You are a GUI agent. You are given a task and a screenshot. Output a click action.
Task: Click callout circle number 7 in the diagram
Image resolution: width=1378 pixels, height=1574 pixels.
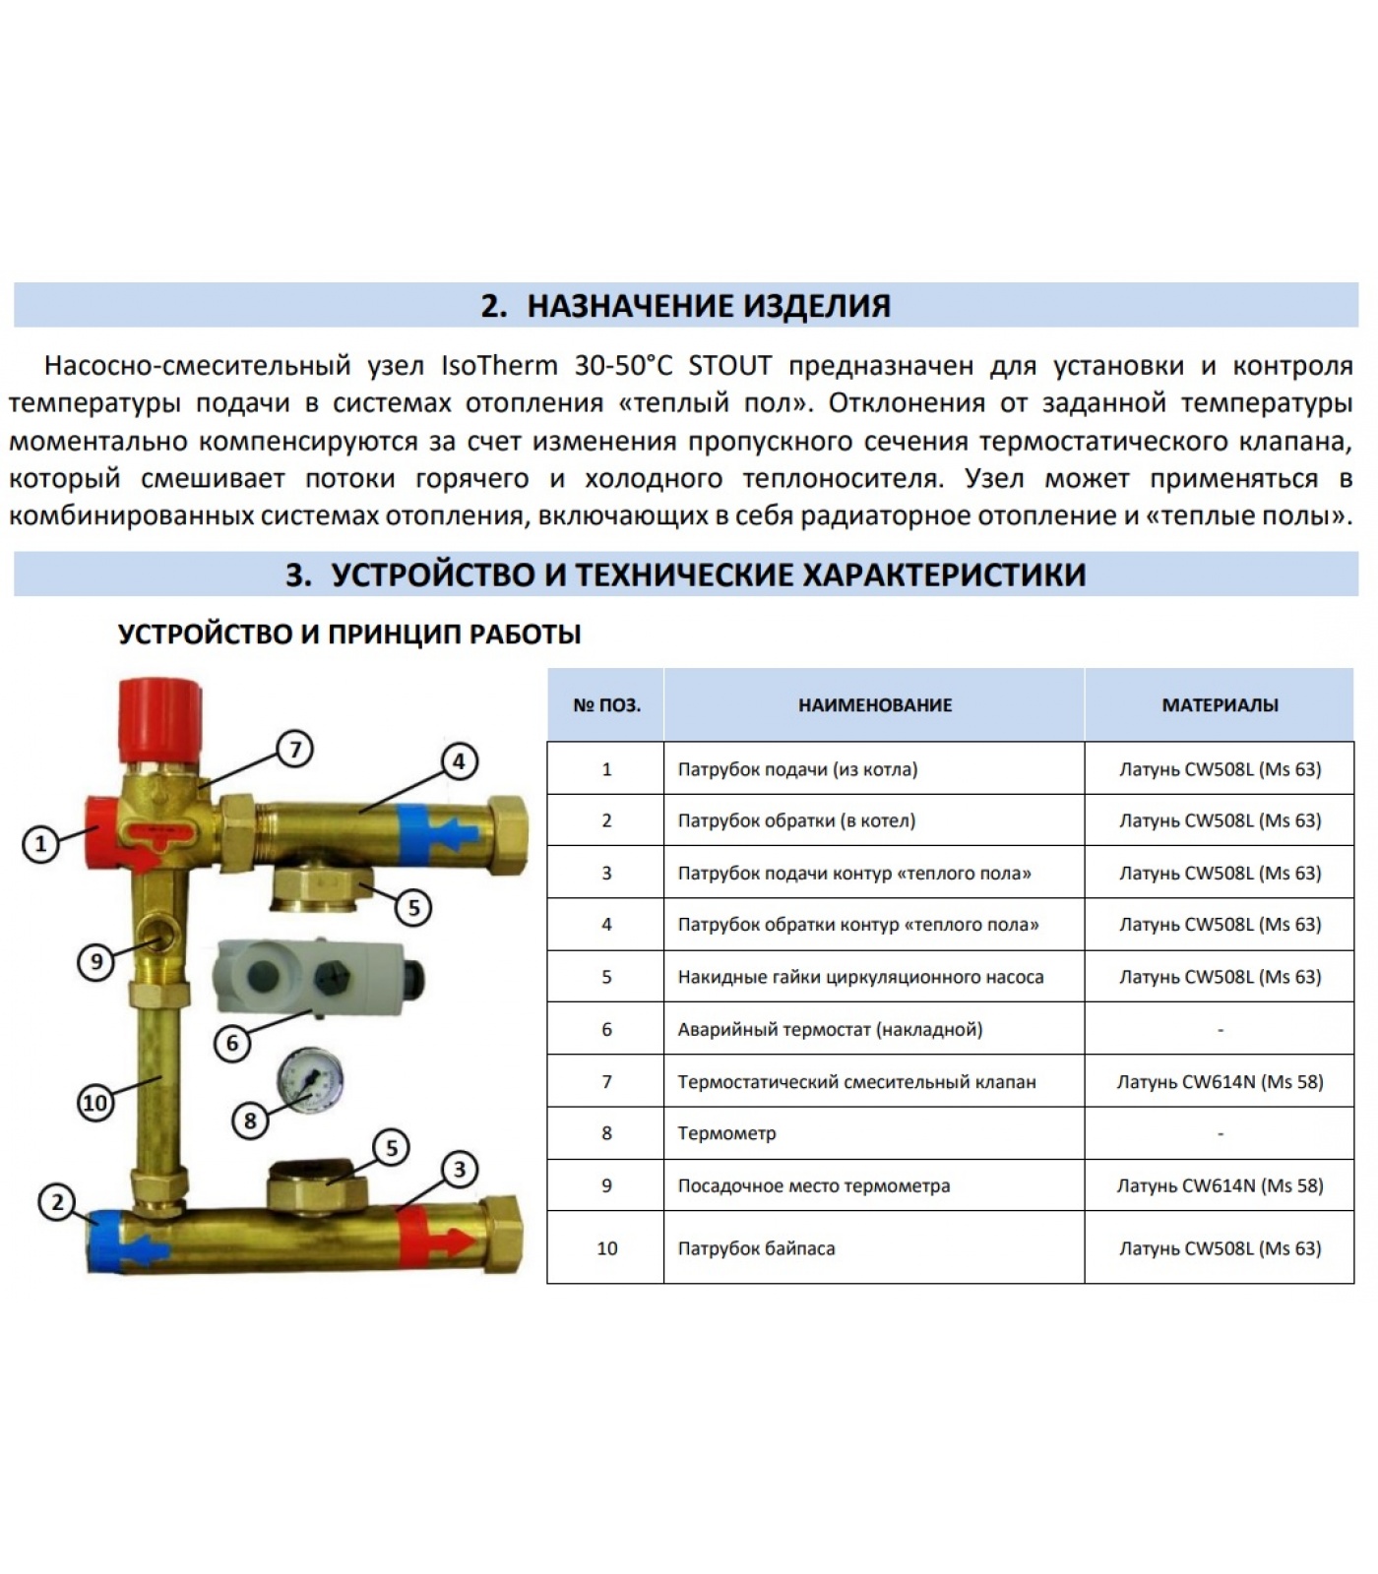coord(294,750)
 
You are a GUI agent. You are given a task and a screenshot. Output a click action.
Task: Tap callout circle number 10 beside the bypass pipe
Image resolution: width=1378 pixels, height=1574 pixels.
coord(94,1103)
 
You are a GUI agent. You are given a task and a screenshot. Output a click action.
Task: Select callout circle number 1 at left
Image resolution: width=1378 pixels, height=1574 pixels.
coord(40,843)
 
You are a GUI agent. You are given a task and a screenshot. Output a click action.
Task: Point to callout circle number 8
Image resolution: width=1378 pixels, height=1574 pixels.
coord(250,1120)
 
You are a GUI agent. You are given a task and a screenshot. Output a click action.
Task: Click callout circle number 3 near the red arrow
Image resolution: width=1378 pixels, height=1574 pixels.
coord(460,1170)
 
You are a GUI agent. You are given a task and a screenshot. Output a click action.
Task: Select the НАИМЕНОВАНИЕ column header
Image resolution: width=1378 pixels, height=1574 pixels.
coord(874,705)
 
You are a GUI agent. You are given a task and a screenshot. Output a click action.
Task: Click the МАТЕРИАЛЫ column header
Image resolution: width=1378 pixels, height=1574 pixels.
coord(1220,705)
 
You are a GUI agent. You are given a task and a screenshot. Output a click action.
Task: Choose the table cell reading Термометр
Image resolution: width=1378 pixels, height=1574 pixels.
coord(726,1133)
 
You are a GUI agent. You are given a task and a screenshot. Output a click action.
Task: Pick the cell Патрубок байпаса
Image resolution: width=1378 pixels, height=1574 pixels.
coord(756,1248)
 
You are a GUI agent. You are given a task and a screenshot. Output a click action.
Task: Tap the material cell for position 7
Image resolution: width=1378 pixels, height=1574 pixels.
coord(1220,1082)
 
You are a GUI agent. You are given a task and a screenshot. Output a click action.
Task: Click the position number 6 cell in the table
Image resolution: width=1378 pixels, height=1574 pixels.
coord(606,1029)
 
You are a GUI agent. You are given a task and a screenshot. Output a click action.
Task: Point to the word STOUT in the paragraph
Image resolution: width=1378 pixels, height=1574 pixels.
coord(730,366)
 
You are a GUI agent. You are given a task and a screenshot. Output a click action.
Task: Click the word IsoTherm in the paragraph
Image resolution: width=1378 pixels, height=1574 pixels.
coord(499,366)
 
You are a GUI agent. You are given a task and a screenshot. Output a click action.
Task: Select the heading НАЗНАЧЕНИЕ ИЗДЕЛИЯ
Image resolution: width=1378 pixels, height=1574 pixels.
coord(709,306)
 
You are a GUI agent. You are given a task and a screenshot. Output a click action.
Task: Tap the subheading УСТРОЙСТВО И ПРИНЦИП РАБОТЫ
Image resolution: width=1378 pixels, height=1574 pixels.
coord(349,635)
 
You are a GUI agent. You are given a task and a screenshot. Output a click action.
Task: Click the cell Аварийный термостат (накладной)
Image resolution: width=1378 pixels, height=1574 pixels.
coord(830,1030)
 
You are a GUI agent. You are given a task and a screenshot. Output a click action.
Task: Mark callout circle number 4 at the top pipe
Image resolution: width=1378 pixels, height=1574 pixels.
coord(459,760)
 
